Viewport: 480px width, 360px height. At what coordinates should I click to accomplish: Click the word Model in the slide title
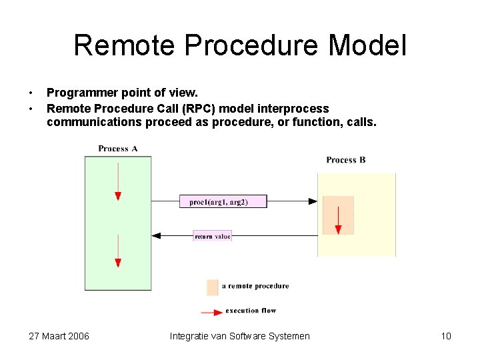click(x=367, y=46)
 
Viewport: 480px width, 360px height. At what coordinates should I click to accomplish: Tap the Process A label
click(x=118, y=149)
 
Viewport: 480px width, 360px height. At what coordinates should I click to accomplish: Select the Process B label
click(x=346, y=160)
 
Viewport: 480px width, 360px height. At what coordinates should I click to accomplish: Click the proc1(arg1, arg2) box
click(x=223, y=201)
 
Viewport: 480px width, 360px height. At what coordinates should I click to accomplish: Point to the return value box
click(x=213, y=236)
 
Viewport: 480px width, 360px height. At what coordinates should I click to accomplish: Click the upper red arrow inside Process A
click(x=118, y=180)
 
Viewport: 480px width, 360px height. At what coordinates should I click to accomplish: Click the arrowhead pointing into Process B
click(x=313, y=201)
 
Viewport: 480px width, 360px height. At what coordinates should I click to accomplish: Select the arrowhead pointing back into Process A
click(x=157, y=235)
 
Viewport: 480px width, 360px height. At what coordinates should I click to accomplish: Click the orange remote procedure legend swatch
click(x=213, y=287)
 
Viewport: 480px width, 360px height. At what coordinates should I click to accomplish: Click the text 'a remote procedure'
click(x=255, y=286)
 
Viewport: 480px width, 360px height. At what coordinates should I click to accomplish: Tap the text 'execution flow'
click(x=251, y=311)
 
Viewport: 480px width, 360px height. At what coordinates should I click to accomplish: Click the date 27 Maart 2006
click(x=59, y=336)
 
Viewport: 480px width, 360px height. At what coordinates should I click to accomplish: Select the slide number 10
click(x=446, y=336)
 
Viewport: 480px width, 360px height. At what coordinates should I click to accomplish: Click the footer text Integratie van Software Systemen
click(x=240, y=336)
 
